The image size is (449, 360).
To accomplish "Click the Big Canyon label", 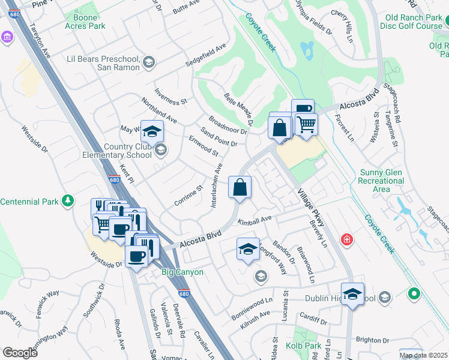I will [182, 272].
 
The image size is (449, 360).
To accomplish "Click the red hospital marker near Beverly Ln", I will [346, 240].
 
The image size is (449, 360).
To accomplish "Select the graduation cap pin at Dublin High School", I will [352, 294].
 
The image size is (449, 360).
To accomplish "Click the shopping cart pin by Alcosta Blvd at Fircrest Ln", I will [306, 124].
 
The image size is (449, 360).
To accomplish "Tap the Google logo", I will [20, 352].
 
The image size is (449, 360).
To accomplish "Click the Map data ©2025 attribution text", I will [423, 355].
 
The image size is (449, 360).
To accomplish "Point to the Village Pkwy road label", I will [311, 208].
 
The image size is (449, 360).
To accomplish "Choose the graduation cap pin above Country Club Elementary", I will [152, 130].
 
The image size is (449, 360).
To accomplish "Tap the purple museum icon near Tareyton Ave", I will [7, 37].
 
